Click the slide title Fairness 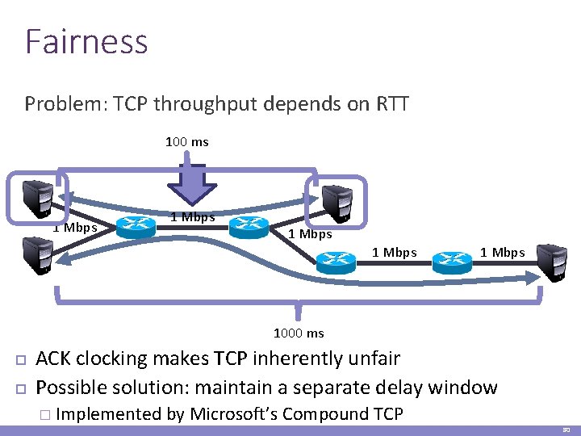coord(86,41)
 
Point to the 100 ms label coord(187,142)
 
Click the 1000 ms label coord(299,333)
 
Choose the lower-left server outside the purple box coord(37,253)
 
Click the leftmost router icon coord(136,227)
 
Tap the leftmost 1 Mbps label coord(75,227)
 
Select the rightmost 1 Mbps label coord(502,253)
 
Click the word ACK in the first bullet coord(57,358)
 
